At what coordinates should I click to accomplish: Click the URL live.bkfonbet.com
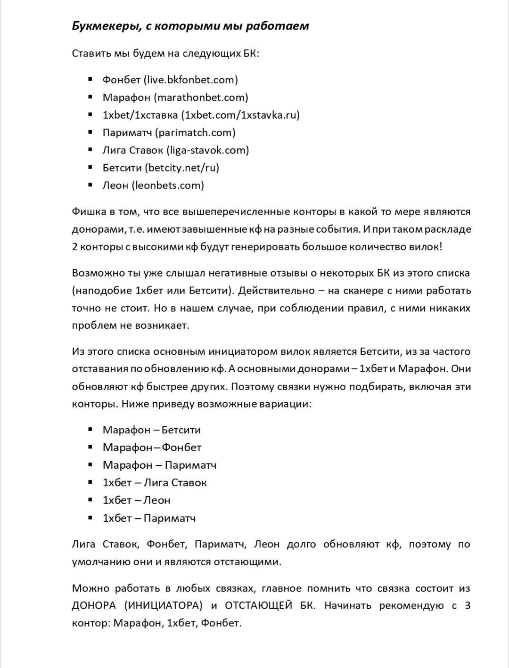point(190,80)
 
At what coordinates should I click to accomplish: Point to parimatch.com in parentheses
point(196,132)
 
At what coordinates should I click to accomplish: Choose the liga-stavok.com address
point(208,150)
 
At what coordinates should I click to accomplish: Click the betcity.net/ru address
point(182,168)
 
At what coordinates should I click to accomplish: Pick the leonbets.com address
point(168,185)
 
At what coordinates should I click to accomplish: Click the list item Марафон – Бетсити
point(151,430)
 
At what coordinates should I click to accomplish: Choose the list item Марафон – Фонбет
point(152,448)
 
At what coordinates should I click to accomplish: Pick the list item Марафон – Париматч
point(159,465)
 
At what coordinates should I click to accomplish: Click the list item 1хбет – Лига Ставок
point(155,483)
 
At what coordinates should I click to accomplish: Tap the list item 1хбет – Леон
point(136,500)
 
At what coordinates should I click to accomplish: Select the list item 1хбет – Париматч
point(149,518)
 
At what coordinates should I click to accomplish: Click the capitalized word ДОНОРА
point(93,606)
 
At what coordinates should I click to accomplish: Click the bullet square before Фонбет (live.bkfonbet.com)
point(90,80)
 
